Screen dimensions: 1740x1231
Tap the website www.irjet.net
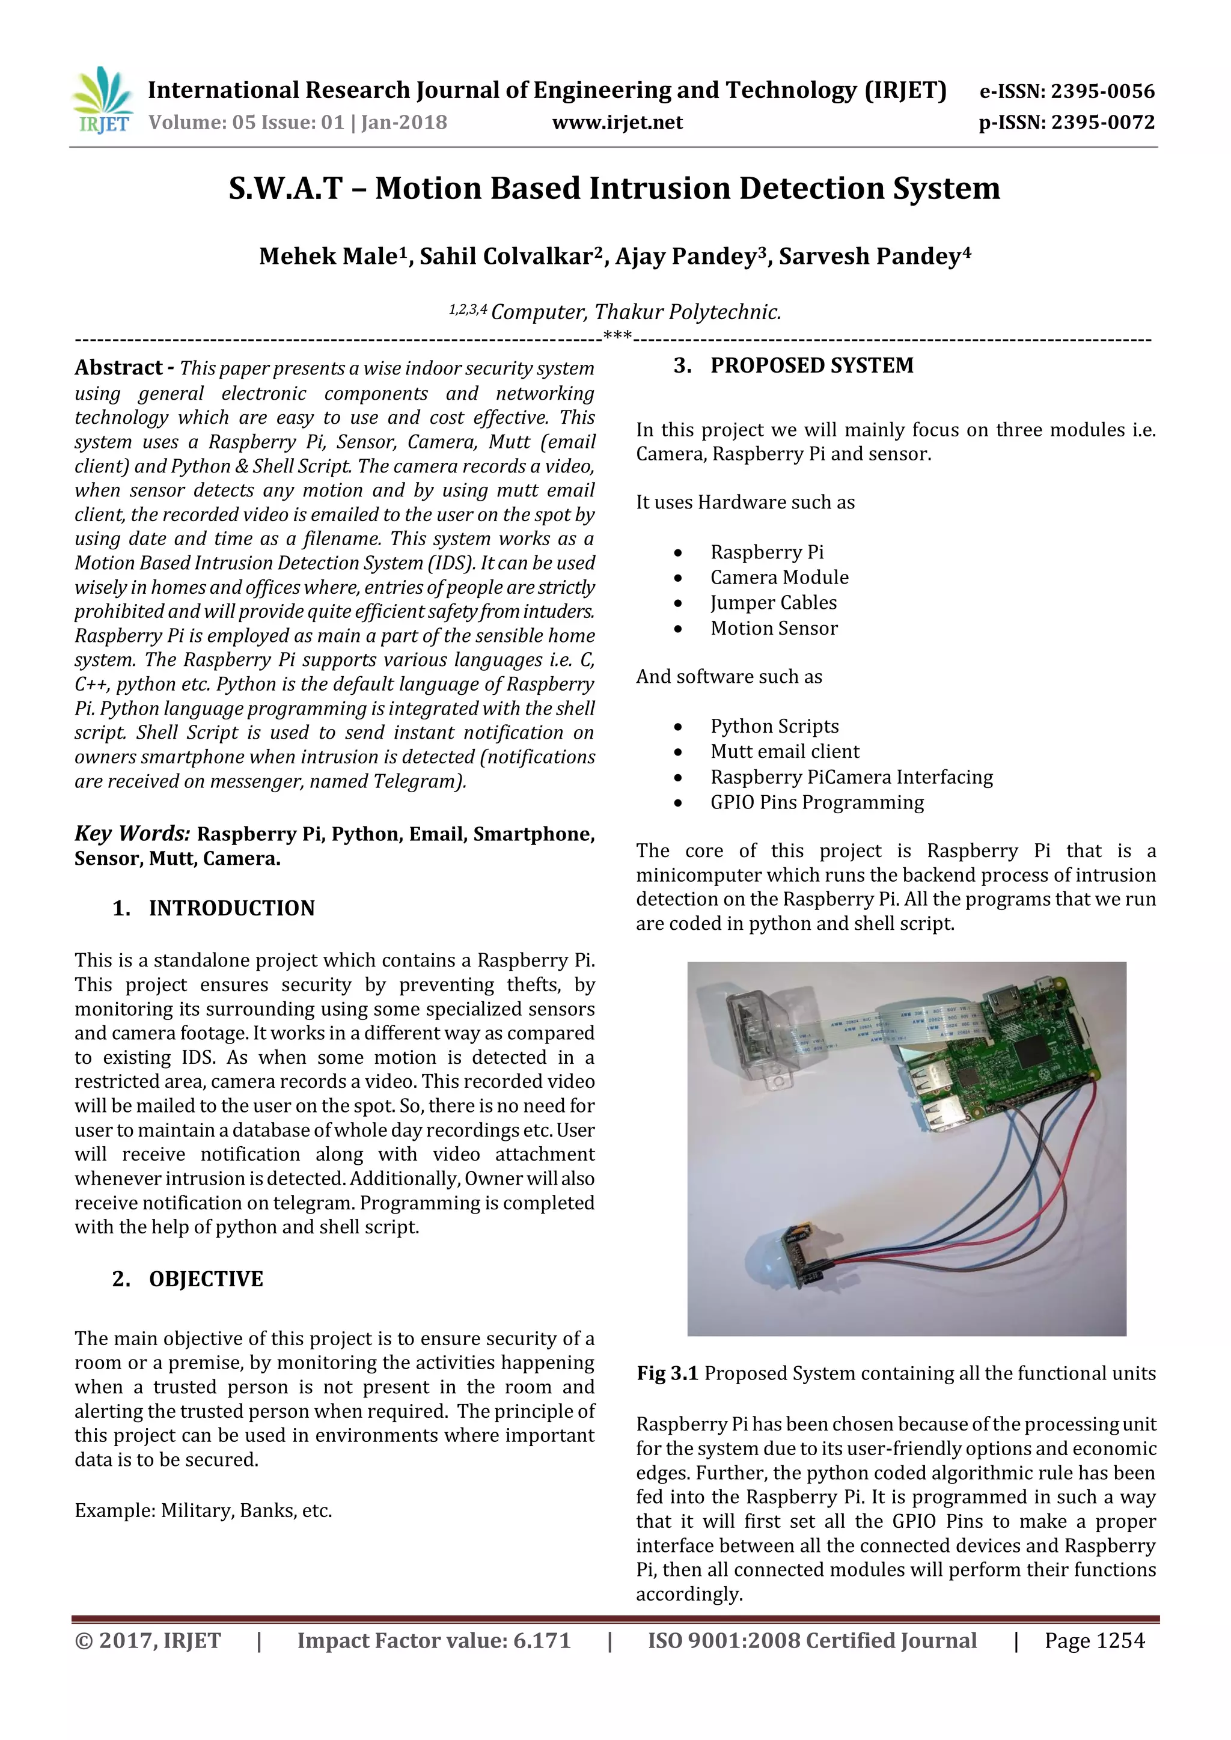[617, 123]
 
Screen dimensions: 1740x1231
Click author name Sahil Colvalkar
[505, 257]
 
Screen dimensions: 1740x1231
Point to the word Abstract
[118, 368]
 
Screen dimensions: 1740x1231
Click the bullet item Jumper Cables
[773, 603]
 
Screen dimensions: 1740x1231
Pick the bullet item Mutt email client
[784, 752]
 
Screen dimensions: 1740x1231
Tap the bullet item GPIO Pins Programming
[816, 802]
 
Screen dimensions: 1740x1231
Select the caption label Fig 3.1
[667, 1374]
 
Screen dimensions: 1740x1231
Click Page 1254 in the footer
[1094, 1641]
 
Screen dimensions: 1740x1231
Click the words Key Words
[132, 834]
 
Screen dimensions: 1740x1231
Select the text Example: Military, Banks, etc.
[203, 1511]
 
